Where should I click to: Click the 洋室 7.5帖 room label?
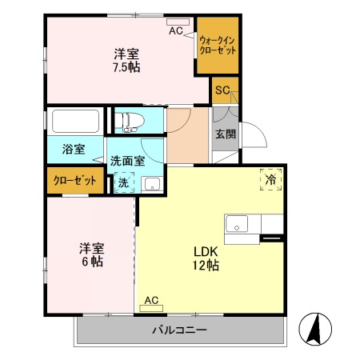point(126,61)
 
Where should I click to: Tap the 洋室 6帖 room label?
point(90,254)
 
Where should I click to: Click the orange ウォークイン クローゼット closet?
point(218,45)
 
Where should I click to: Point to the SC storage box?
point(223,90)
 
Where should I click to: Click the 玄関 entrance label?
point(225,134)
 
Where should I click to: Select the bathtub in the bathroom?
point(75,122)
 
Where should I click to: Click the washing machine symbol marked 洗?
point(123,182)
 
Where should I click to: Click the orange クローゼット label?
point(74,181)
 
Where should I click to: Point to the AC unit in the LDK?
point(151,302)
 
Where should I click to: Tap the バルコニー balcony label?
point(180,330)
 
